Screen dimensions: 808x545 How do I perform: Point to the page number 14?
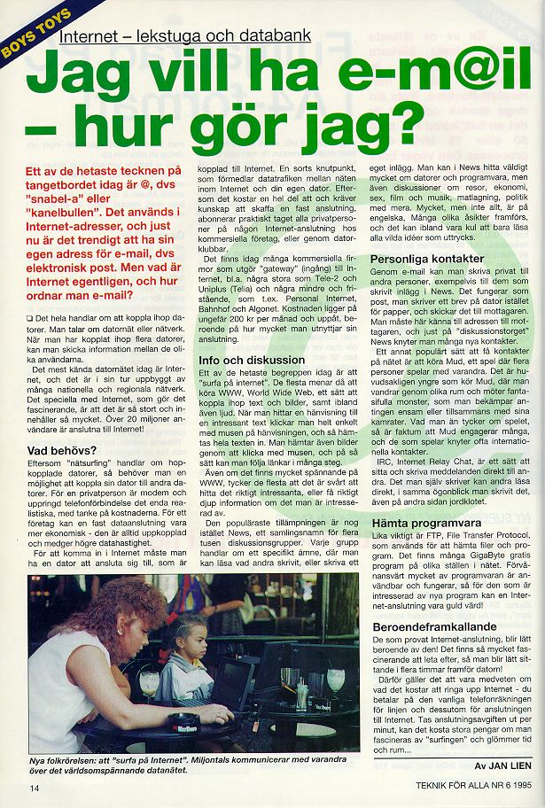pyautogui.click(x=35, y=787)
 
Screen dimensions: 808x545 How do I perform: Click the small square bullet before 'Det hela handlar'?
pyautogui.click(x=30, y=317)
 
